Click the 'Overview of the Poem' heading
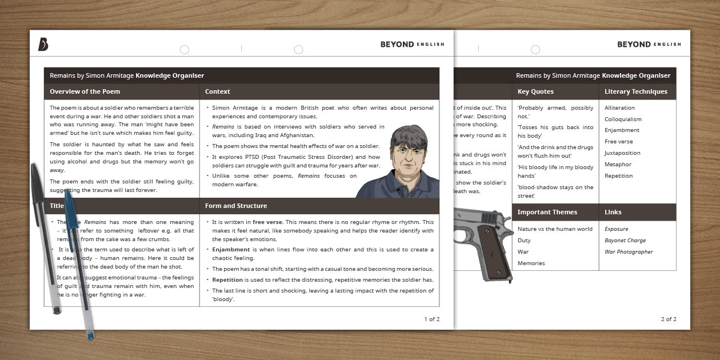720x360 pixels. [x=85, y=91]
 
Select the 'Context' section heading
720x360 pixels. [x=218, y=91]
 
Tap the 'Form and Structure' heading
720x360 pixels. [x=236, y=206]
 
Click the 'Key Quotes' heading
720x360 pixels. [x=535, y=91]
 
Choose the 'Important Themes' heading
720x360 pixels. [x=547, y=212]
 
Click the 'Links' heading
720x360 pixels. [x=613, y=212]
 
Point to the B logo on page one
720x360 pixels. [x=43, y=45]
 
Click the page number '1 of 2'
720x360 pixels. [x=431, y=319]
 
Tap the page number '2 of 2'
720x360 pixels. [x=669, y=319]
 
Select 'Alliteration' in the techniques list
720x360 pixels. [x=619, y=108]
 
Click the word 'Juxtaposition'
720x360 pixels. [x=622, y=153]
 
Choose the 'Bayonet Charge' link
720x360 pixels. [x=625, y=241]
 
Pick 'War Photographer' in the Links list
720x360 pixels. [x=629, y=252]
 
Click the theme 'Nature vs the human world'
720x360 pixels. [x=555, y=229]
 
